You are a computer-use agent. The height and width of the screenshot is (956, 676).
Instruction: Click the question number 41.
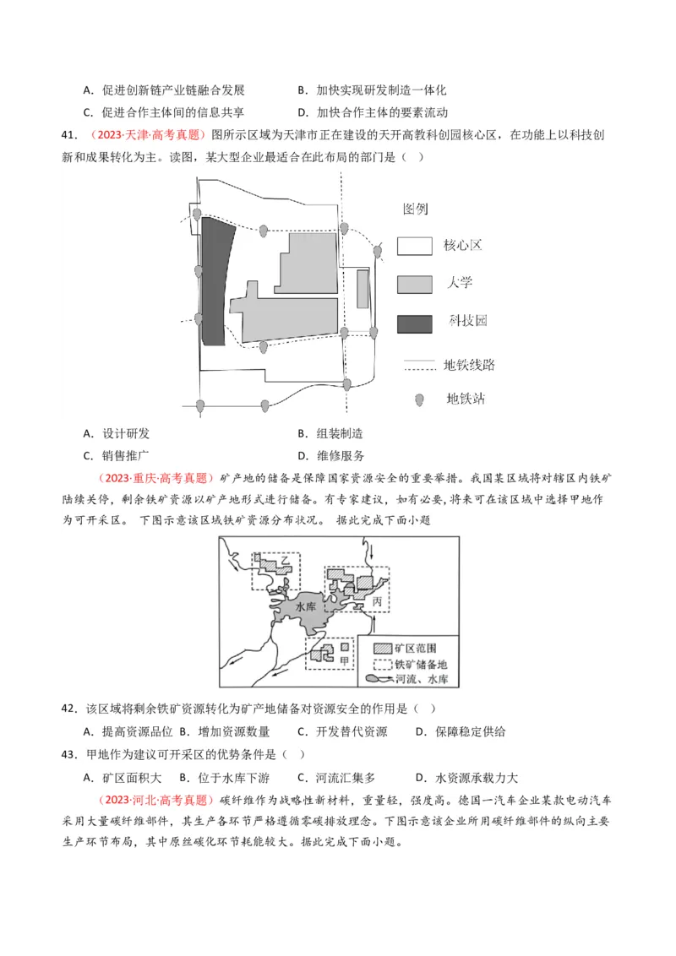tap(69, 135)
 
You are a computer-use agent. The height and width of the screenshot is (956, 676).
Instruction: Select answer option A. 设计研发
tap(117, 434)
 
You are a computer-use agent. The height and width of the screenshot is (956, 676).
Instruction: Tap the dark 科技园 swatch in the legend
tap(415, 322)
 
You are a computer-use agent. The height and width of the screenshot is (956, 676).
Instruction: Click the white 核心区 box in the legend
tap(415, 246)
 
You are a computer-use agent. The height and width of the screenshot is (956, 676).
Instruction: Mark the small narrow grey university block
tap(363, 289)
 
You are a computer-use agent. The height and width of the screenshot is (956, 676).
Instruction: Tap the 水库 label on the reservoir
tap(306, 607)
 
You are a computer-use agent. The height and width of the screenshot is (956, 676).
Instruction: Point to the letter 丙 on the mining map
tap(377, 601)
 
